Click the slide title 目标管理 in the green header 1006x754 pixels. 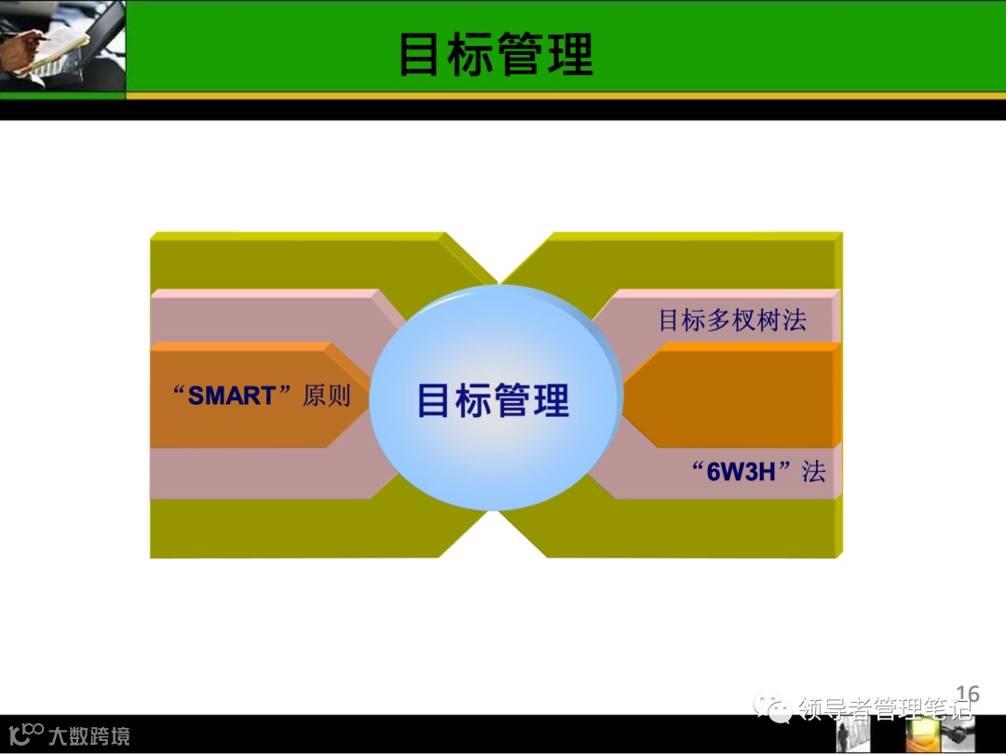496,54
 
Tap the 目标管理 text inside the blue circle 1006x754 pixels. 493,400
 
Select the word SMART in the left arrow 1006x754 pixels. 232,396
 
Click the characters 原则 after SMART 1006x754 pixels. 326,396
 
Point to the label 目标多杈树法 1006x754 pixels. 732,320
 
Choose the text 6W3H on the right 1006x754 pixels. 742,471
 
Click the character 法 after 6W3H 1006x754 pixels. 814,471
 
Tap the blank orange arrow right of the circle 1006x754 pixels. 736,396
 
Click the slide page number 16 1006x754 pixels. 968,693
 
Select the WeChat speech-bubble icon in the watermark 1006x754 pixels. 772,710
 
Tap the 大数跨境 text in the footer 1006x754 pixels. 89,736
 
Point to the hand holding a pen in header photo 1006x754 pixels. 28,37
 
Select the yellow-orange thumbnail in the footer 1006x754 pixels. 922,734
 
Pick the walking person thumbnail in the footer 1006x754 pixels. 852,734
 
